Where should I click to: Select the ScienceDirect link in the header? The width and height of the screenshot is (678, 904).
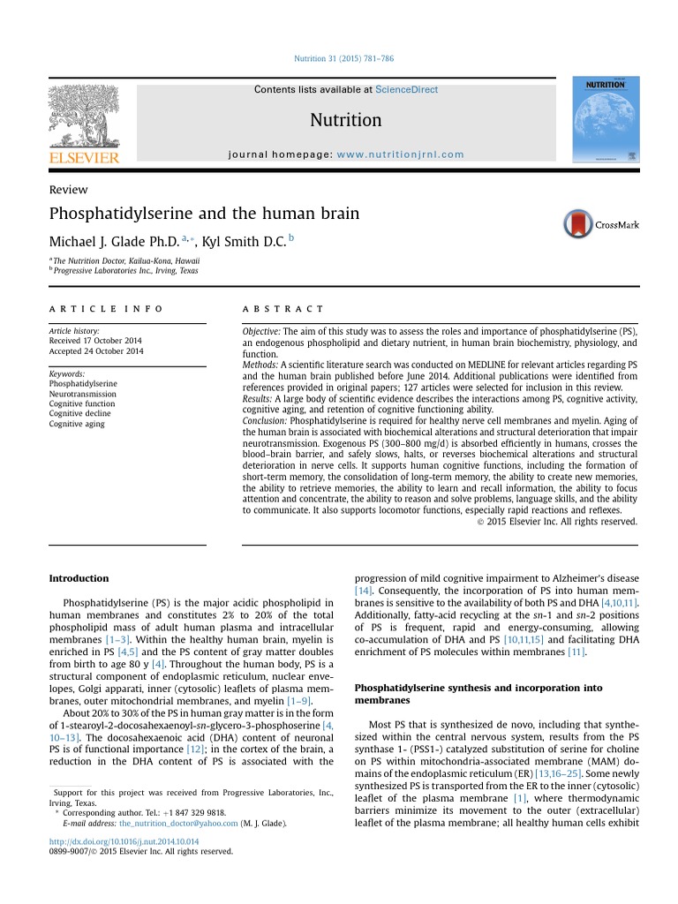406,89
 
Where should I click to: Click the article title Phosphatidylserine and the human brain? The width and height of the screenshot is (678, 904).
204,213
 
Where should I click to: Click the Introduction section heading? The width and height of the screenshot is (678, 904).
79,578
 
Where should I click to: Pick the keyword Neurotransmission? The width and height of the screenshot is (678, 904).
82,395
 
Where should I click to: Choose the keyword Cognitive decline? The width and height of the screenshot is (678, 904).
80,414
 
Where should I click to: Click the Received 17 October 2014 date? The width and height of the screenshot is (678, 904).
95,341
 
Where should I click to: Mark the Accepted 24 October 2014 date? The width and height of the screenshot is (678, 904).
95,351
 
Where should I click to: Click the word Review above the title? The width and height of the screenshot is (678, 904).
68,190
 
